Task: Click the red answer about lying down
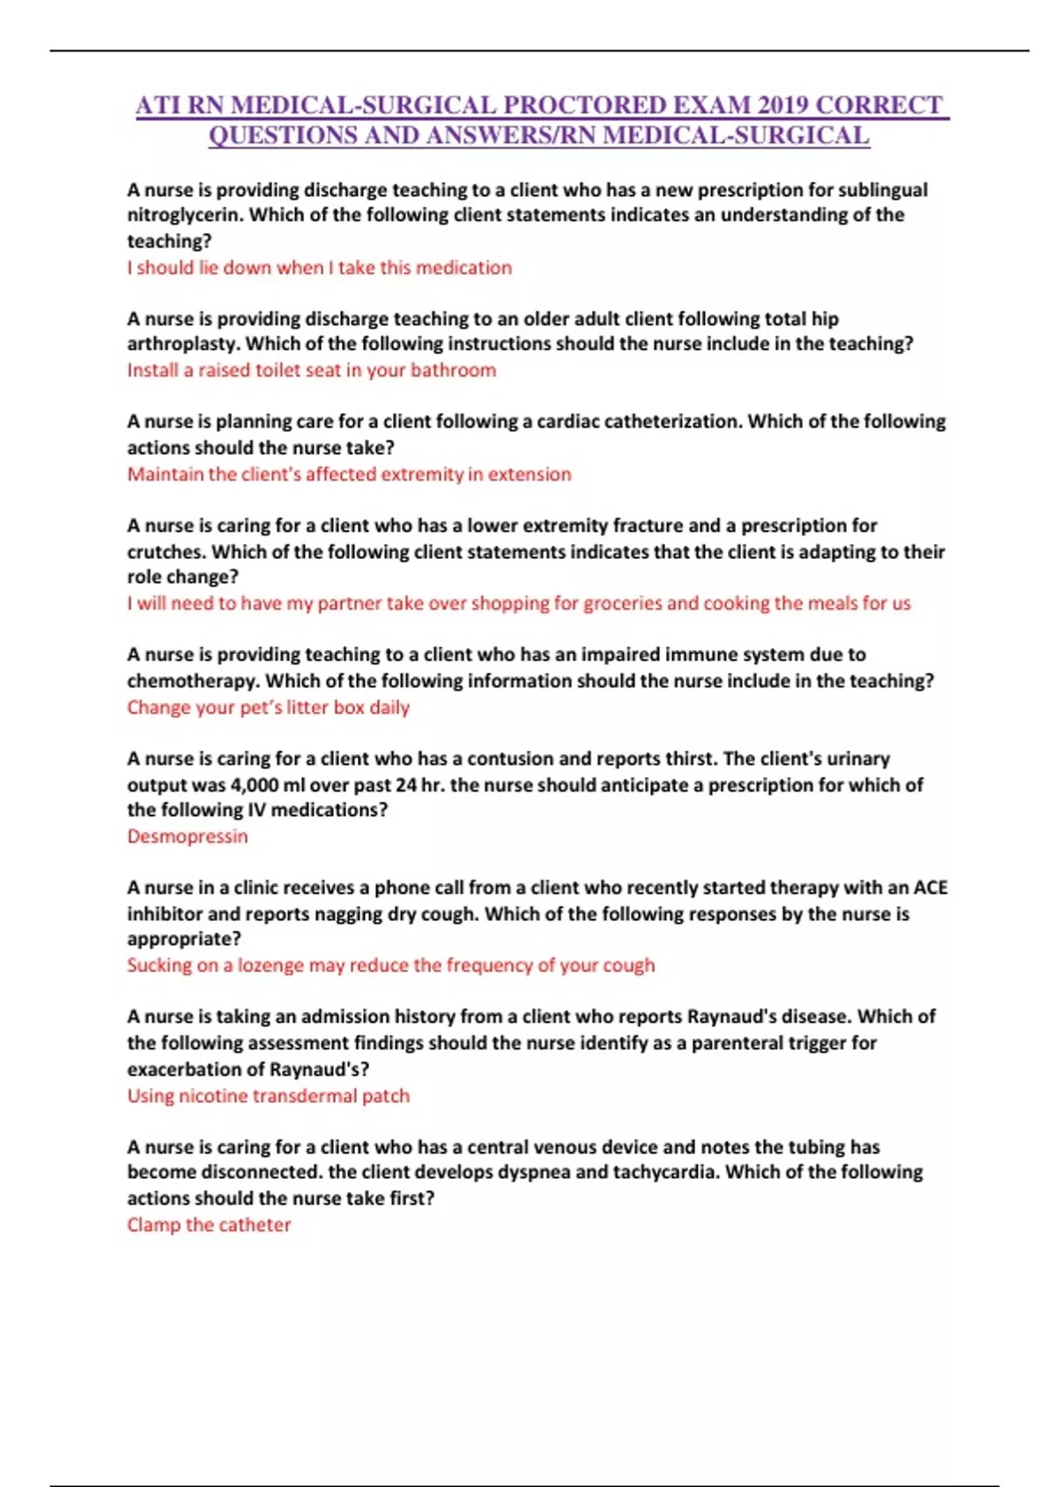(319, 268)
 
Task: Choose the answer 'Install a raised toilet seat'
(311, 370)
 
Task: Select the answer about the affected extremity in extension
(349, 474)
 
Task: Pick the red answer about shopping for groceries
(519, 604)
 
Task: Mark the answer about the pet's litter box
(268, 707)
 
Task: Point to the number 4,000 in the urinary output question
(255, 785)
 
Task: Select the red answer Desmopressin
(187, 836)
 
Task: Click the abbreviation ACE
(930, 888)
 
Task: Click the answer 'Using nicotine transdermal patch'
(268, 1095)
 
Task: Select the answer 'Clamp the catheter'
(208, 1225)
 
